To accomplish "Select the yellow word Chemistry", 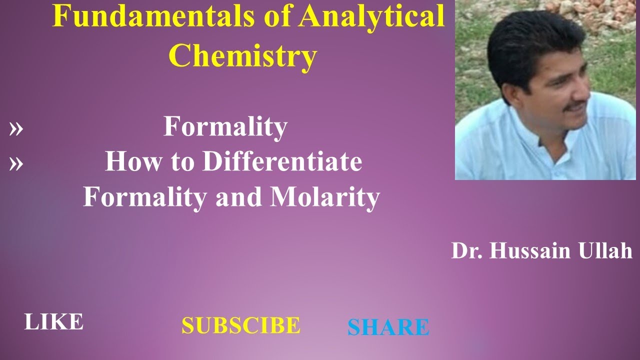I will pos(242,54).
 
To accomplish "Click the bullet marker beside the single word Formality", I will pos(16,129).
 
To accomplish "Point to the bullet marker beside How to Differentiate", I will pos(16,163).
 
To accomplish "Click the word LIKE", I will pos(53,322).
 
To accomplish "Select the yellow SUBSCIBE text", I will pos(240,326).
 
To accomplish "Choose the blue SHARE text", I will pos(388,327).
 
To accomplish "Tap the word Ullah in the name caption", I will pos(610,250).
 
